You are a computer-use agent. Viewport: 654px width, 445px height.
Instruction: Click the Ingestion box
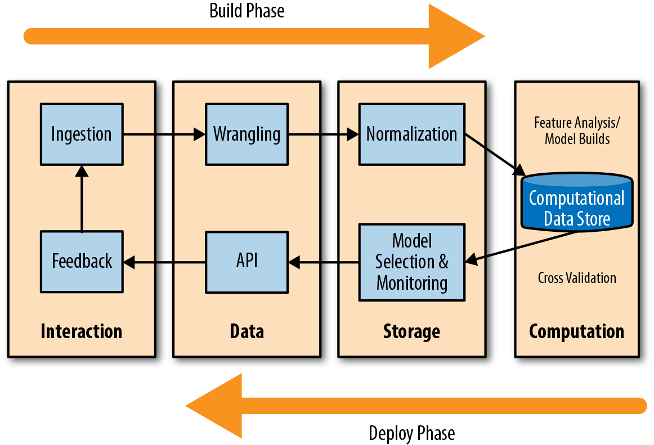tap(82, 134)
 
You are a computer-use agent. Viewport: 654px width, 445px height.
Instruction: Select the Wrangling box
tap(247, 134)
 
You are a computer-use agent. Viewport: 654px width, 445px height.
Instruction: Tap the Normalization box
tap(411, 134)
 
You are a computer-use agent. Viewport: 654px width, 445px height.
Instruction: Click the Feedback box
tap(82, 261)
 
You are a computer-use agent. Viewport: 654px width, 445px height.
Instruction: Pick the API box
tap(247, 261)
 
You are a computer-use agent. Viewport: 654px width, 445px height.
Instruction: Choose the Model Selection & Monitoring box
tap(411, 262)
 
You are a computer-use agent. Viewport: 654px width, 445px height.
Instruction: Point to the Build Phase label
tap(247, 11)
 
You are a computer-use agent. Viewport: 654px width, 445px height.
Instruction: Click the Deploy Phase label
tap(411, 433)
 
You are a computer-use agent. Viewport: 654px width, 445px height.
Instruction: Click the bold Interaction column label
tap(82, 331)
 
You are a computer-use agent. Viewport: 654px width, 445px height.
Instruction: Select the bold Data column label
tap(247, 331)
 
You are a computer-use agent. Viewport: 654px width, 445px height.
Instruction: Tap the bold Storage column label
tap(411, 331)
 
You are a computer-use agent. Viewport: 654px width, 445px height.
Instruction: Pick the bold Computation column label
tap(577, 331)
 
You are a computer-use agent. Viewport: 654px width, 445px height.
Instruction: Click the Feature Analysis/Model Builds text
tap(577, 131)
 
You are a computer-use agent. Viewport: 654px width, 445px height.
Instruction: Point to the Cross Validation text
tap(577, 278)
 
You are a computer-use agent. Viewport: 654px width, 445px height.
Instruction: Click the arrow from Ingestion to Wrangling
tap(163, 134)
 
